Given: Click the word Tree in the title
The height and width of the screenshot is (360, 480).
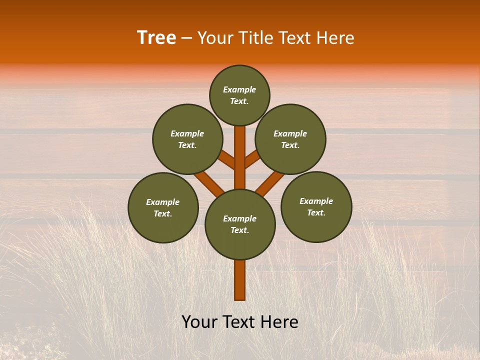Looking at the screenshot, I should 156,38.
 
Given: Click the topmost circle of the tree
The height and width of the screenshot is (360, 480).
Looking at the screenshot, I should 239,95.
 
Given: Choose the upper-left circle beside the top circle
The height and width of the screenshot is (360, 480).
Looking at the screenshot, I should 187,139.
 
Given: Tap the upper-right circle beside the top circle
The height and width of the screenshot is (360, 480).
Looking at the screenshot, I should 290,139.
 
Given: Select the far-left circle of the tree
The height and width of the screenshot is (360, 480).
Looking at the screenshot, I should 163,207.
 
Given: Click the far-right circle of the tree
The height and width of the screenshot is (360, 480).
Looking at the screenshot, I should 316,206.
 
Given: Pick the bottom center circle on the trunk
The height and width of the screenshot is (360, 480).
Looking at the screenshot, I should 240,224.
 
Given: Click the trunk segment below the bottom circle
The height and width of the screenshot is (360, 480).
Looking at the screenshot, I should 240,280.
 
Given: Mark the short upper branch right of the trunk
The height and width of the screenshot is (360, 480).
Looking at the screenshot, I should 252,159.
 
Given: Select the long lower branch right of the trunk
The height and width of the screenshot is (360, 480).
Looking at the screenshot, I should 270,182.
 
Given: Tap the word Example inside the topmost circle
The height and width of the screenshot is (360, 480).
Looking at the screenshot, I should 239,89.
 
